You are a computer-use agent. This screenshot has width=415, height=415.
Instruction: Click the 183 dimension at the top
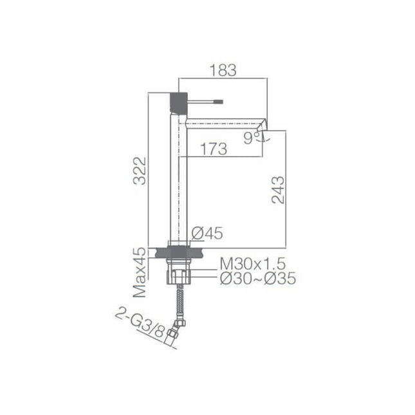[223, 70]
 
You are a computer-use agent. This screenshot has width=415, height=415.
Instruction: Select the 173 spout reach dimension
[213, 149]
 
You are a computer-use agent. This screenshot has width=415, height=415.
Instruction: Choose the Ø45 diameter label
[207, 234]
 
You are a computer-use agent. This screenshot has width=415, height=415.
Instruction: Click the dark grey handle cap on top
[178, 102]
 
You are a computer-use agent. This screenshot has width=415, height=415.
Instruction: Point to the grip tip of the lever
[218, 101]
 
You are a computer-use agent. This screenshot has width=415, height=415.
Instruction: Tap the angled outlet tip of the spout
[261, 131]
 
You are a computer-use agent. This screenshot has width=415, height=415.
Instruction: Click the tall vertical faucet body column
[178, 180]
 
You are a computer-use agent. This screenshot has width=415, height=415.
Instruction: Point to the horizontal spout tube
[225, 122]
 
